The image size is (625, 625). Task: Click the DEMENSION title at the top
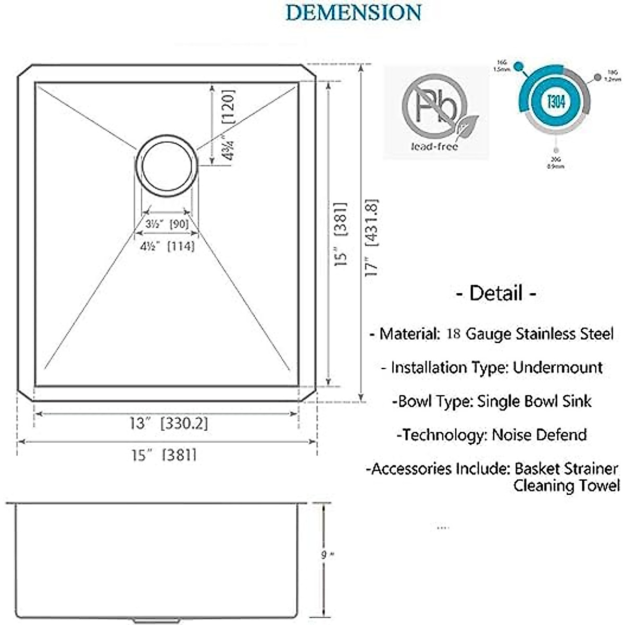pos(354,12)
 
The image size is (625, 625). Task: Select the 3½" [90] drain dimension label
pos(167,224)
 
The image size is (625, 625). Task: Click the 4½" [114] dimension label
pos(167,246)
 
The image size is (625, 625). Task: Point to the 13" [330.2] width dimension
pos(168,423)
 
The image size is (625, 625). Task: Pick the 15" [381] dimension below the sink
pos(164,455)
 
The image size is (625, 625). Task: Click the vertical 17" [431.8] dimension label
pos(371,237)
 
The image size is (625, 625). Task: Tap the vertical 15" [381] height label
pos(341,234)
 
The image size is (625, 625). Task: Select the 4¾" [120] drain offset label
pos(228,125)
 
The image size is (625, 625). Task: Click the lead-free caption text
pos(434,147)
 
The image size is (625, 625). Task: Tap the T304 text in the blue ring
pos(556,101)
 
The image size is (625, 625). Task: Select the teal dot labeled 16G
pos(518,66)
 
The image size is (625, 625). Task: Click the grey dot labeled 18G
pos(597,78)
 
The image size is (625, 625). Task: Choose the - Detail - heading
pos(496,293)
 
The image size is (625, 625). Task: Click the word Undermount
pos(557,367)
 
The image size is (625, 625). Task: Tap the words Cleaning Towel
pos(566,485)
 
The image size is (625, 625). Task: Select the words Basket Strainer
pos(566,468)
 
